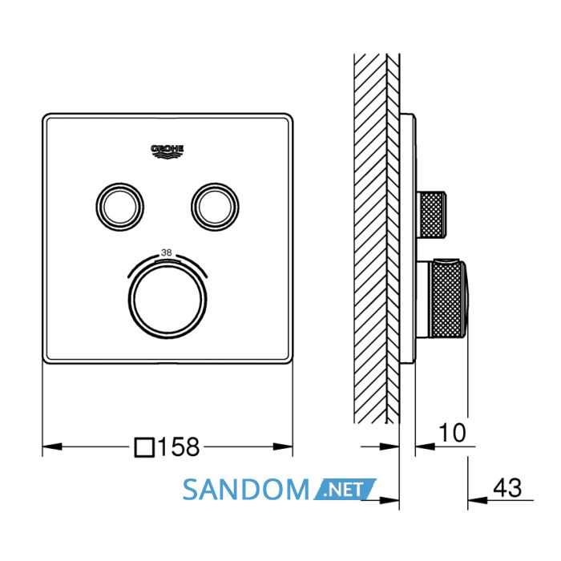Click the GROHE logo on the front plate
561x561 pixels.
(x=167, y=151)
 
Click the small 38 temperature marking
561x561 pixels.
(x=167, y=252)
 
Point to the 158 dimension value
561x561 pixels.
(x=178, y=447)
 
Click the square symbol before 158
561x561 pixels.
(x=144, y=447)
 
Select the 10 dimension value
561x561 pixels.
(x=452, y=433)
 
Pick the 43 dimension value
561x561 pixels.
(x=507, y=487)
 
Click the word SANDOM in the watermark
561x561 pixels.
(x=246, y=489)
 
